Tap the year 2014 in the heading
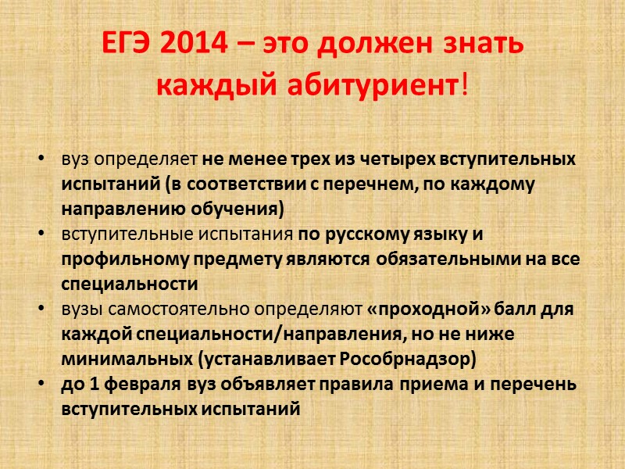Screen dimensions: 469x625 [195, 45]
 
